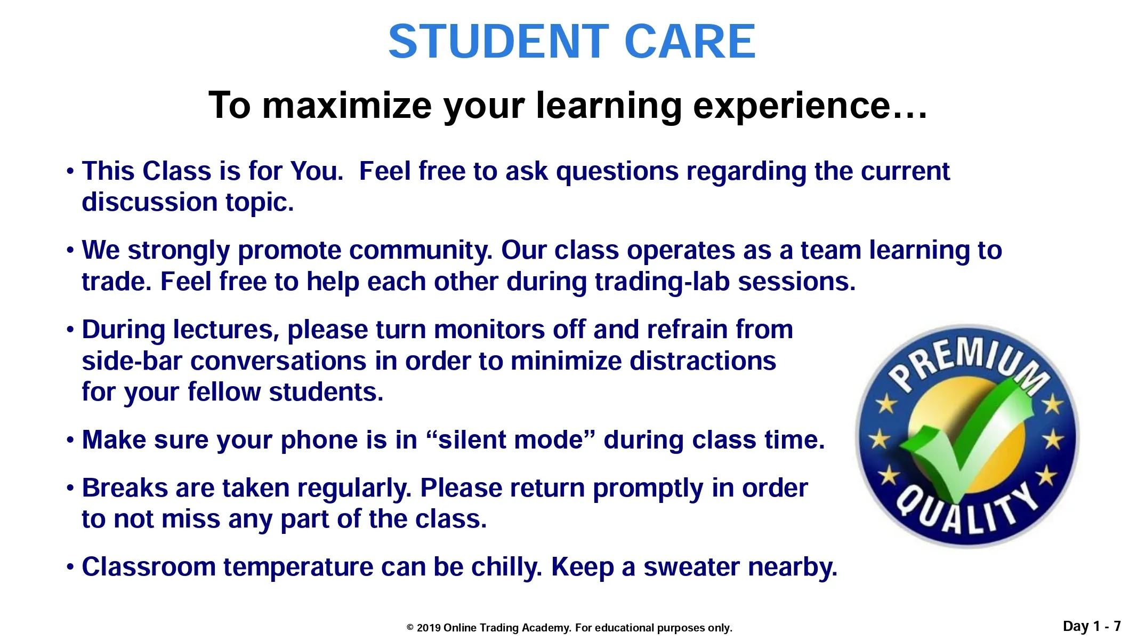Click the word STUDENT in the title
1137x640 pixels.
click(499, 42)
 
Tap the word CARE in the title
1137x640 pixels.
click(690, 42)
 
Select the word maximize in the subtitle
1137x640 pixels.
click(347, 105)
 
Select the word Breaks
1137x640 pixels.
click(125, 488)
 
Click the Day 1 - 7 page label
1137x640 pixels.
click(1092, 626)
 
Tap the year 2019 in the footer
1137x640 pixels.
click(429, 628)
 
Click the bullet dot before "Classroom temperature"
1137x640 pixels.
click(70, 567)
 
